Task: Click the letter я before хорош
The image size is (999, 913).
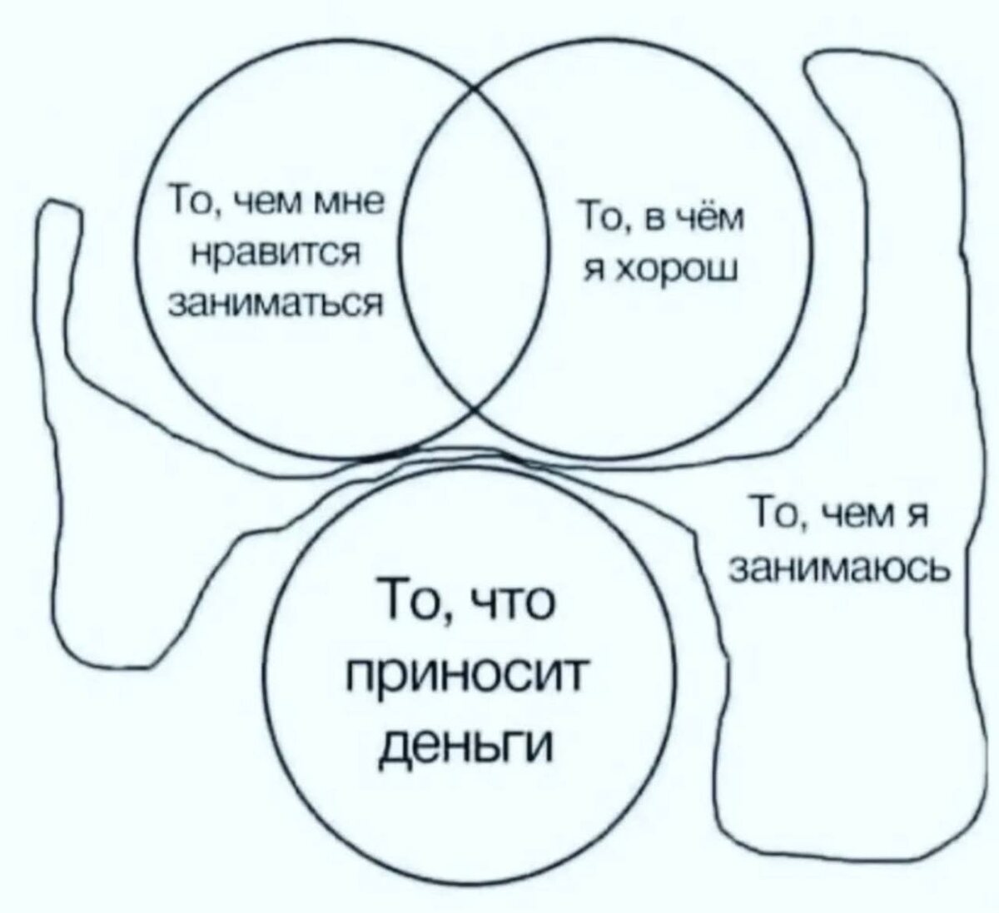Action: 594,271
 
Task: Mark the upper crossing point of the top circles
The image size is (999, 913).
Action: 475,87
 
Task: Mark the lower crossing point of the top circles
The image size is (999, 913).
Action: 476,409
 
